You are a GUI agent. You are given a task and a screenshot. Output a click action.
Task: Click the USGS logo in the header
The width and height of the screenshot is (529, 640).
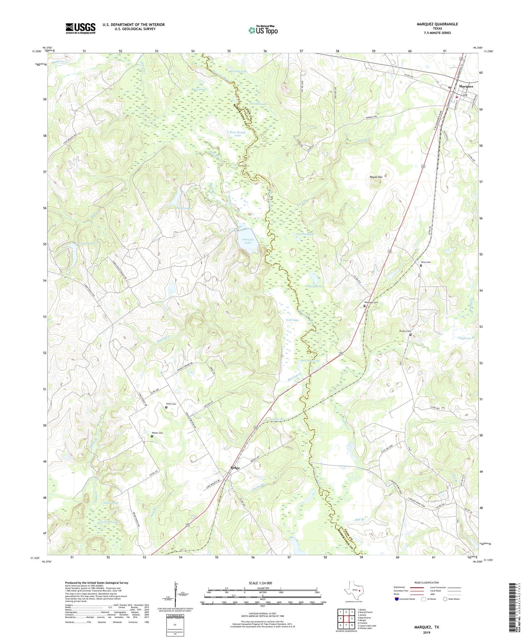click(80, 28)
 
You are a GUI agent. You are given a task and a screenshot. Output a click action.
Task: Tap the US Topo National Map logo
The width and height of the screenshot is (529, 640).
click(263, 30)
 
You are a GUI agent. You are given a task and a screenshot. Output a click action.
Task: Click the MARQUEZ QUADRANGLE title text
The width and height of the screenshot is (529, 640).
click(438, 24)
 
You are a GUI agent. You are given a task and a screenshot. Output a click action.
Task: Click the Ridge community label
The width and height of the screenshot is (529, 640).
click(235, 468)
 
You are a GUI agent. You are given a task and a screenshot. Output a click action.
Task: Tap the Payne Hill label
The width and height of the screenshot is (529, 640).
click(376, 177)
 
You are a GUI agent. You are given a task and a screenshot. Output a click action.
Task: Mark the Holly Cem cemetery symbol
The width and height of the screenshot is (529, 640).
click(166, 407)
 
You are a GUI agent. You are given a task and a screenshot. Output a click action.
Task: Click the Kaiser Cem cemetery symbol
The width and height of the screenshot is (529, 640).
click(152, 436)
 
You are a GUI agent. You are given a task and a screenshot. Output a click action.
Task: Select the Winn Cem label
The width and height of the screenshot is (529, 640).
click(426, 262)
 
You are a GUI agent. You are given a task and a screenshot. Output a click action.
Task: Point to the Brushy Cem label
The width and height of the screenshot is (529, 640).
click(405, 331)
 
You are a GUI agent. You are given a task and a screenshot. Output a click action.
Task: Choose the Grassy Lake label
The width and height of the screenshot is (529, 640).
click(314, 286)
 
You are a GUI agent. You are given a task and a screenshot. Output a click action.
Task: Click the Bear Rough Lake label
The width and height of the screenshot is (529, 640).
click(237, 134)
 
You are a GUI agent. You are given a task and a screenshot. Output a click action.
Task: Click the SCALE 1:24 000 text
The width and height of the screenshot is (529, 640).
click(262, 583)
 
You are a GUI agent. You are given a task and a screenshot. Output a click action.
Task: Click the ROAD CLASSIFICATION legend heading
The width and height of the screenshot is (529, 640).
click(427, 582)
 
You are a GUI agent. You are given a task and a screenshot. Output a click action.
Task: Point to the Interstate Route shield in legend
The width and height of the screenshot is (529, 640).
click(396, 599)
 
